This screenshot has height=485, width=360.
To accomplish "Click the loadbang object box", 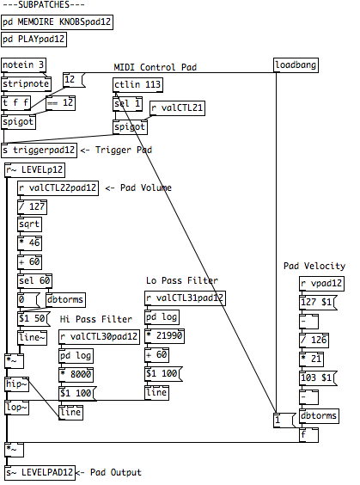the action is (x=296, y=65).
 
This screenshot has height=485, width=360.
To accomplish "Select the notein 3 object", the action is (x=23, y=65).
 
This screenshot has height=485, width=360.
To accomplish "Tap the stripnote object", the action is (x=27, y=84).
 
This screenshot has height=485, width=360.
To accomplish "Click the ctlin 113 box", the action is (x=137, y=85).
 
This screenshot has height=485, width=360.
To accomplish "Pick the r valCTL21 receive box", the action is (x=177, y=108).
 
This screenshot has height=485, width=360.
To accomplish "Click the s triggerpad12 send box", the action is (x=39, y=150).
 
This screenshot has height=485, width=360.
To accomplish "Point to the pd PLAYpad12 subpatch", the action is (x=34, y=40).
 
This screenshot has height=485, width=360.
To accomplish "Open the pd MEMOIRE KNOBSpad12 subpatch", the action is (x=58, y=22).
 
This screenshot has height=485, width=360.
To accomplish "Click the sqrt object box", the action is (x=29, y=224).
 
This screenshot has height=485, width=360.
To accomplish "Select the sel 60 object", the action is (x=34, y=281).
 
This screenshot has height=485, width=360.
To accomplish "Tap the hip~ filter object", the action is (x=17, y=384).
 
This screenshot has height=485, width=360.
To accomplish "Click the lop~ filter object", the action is (x=17, y=408).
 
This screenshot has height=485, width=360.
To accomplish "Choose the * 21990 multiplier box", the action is (x=164, y=336).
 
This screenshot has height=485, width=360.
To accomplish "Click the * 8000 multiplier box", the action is (x=76, y=375).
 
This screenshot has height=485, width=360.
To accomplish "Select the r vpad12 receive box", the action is (x=321, y=284).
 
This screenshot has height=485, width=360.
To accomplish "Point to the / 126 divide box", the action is (x=314, y=341).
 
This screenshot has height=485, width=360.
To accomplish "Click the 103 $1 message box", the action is (x=318, y=378).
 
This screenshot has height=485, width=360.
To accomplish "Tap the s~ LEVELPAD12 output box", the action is (x=40, y=473).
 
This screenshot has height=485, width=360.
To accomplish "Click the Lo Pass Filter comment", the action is (x=182, y=281).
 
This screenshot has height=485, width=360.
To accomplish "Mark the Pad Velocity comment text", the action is (x=314, y=267).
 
